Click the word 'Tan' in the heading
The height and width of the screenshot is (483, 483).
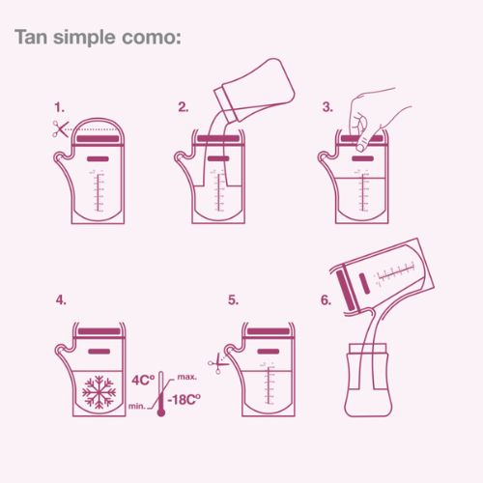31,37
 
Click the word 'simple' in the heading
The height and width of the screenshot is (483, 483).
84,38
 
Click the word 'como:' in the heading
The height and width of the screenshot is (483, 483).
152,38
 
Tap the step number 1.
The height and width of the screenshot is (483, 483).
59,107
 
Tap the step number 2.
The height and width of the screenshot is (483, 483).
184,107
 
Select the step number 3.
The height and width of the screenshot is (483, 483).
327,107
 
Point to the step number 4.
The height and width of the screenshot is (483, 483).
61,300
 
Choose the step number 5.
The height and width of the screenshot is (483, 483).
233,300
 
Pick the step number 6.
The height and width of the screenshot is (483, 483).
326,300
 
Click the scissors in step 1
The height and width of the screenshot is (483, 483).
61,128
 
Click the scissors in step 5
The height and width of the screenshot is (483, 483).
218,363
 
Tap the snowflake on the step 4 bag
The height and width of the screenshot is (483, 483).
99,392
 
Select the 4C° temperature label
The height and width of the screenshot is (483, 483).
143,380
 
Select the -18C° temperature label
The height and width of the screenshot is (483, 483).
184,400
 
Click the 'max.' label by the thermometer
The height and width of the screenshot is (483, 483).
187,377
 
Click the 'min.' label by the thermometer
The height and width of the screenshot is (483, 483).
137,406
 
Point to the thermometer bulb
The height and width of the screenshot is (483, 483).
161,412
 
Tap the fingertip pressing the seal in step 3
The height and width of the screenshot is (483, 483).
362,146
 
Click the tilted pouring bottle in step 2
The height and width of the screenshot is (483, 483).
254,90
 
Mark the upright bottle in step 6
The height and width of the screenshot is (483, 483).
368,380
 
